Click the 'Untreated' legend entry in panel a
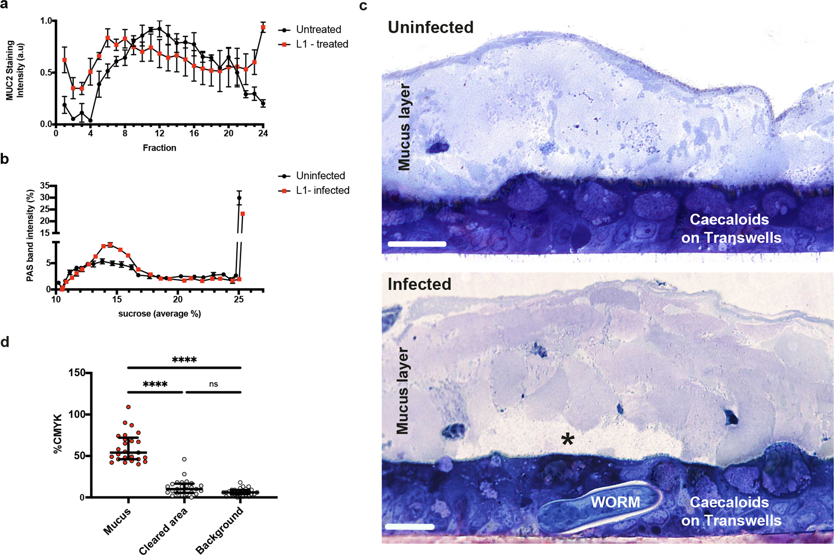pyautogui.click(x=318, y=30)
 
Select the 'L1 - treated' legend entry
pyautogui.click(x=322, y=44)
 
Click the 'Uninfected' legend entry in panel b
pyautogui.click(x=320, y=176)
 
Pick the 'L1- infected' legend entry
pyautogui.click(x=322, y=191)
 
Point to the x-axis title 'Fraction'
pyautogui.click(x=159, y=148)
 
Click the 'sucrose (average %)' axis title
pyautogui.click(x=159, y=314)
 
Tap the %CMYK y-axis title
pyautogui.click(x=58, y=433)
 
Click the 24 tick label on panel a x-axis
pyautogui.click(x=263, y=134)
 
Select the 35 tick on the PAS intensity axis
pyautogui.click(x=45, y=186)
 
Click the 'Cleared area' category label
pyautogui.click(x=163, y=531)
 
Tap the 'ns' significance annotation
pyautogui.click(x=213, y=384)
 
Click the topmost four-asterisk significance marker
pyautogui.click(x=184, y=360)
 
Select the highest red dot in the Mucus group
pyautogui.click(x=129, y=407)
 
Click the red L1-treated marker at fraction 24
pyautogui.click(x=263, y=28)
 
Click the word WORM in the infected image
pyautogui.click(x=615, y=502)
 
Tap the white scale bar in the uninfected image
pyautogui.click(x=417, y=244)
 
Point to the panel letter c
pyautogui.click(x=363, y=6)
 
